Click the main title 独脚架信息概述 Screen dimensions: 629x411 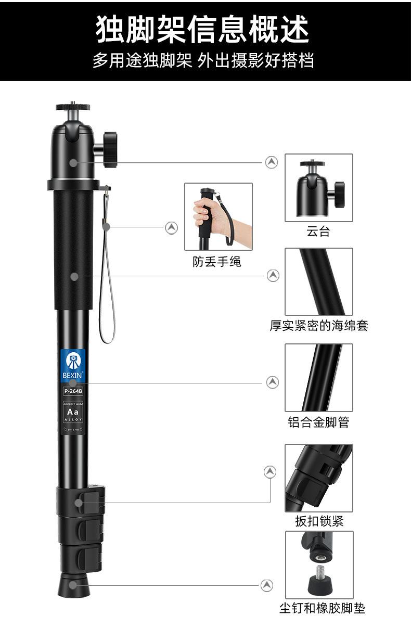coord(203,29)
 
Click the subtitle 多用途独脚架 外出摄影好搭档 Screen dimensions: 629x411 coord(203,60)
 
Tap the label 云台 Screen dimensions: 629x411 coord(318,232)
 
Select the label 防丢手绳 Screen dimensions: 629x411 coord(217,261)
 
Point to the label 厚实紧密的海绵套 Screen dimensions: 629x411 coord(318,326)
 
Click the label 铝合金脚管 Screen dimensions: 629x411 coord(318,422)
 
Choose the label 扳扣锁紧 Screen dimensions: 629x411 coord(319,521)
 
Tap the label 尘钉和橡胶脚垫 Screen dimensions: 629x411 coord(322,608)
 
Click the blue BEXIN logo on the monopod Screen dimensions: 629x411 coord(73,365)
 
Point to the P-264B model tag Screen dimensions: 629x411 coord(73,391)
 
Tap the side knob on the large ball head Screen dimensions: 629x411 coord(109,150)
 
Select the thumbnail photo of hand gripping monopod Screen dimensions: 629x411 coord(219,216)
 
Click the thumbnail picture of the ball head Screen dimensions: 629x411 coord(318,187)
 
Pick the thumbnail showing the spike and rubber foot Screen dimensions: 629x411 coord(318,564)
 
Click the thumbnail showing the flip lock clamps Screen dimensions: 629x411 coord(318,478)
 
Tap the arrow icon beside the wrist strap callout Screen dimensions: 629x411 coord(172,227)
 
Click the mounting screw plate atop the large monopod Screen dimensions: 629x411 coord(73,108)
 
